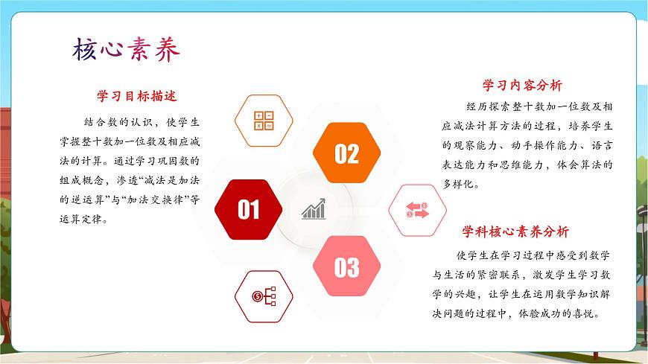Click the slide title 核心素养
(x=127, y=50)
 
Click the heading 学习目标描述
(x=136, y=96)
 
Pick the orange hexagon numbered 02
(x=346, y=153)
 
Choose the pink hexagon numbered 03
(x=346, y=266)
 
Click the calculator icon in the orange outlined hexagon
(x=264, y=120)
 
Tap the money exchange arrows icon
(x=417, y=211)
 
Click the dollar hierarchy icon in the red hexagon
(x=264, y=296)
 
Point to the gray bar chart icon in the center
(x=314, y=209)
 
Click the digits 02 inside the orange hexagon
(x=346, y=154)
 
